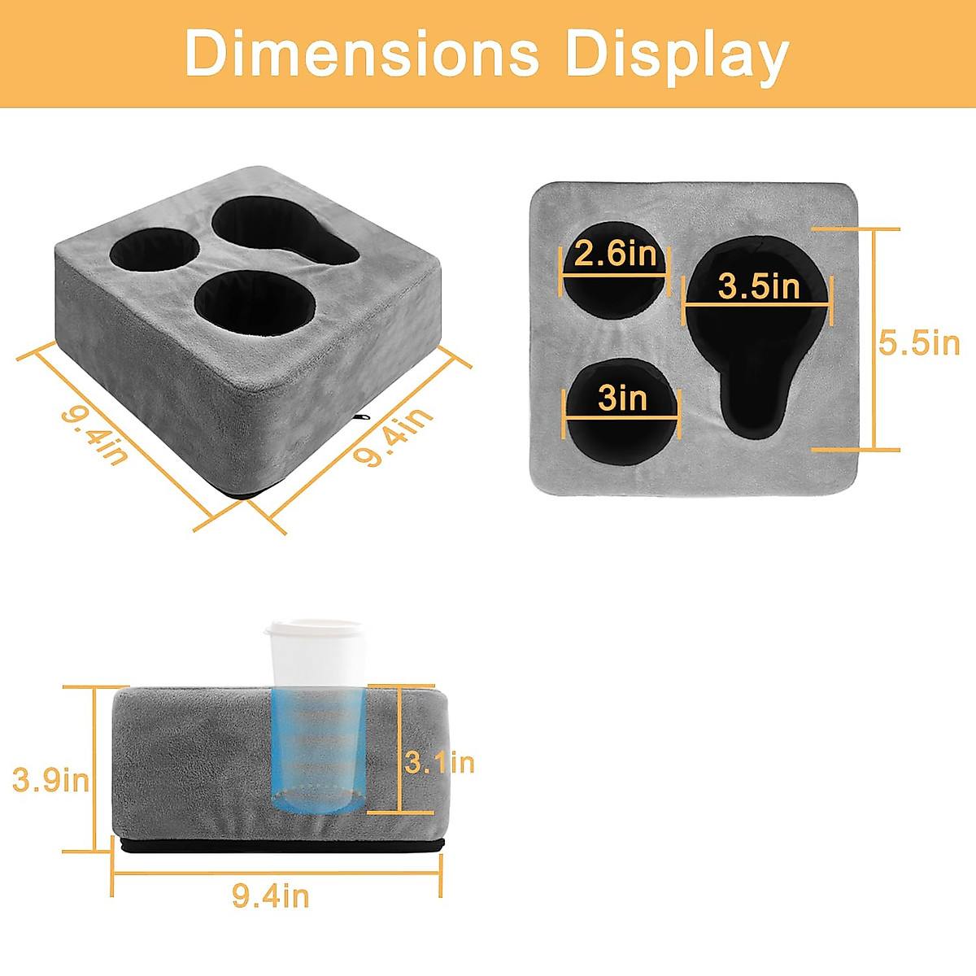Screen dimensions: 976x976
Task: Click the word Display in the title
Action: coord(677,54)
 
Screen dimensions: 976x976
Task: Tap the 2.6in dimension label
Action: coord(615,255)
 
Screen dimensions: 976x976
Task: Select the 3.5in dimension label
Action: coord(759,286)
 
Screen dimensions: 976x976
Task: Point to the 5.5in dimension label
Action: coord(919,343)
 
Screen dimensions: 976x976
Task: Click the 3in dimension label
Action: coord(622,399)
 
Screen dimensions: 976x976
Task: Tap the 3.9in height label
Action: coord(50,780)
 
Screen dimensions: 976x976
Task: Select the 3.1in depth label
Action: coord(439,763)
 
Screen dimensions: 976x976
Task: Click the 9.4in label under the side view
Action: coord(271,896)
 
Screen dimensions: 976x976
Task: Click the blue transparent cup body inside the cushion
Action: coord(317,748)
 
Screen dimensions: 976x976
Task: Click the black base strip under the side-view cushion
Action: coord(281,847)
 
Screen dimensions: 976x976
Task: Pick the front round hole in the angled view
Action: coord(254,303)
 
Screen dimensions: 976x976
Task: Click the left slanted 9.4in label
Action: coord(94,435)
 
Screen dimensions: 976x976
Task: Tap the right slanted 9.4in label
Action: coord(392,438)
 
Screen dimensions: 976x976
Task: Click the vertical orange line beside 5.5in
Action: coord(874,339)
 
